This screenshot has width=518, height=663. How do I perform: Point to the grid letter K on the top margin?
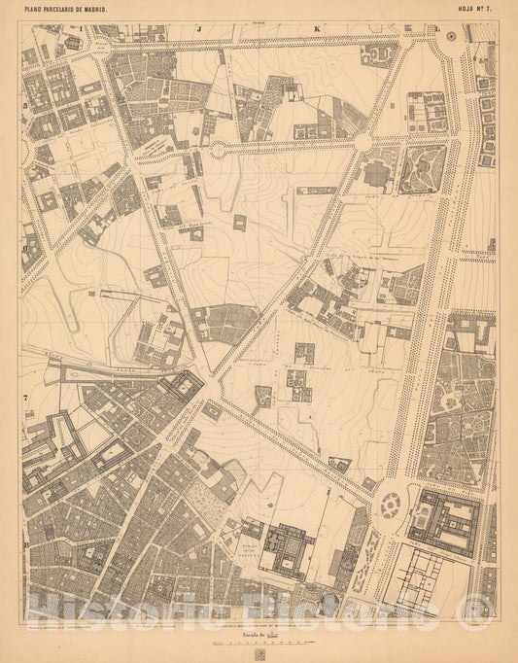click(318, 29)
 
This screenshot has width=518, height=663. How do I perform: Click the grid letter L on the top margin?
click(437, 29)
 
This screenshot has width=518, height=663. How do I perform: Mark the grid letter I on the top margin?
click(79, 43)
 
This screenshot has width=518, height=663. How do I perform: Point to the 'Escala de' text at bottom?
click(248, 631)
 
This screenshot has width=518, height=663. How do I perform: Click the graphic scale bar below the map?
click(259, 642)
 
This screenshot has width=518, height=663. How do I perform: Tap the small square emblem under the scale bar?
click(259, 653)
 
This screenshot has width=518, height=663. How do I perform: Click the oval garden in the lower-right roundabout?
click(391, 504)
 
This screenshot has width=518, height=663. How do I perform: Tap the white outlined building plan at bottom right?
click(426, 579)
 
